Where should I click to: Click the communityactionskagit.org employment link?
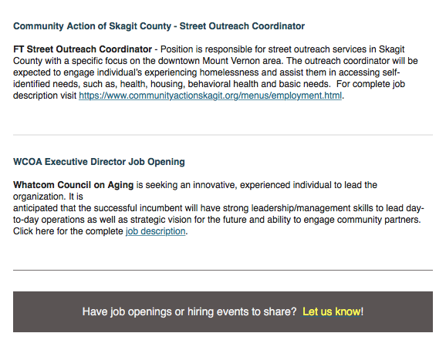[210, 96]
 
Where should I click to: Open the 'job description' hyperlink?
[156, 231]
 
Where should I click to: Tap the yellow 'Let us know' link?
[332, 311]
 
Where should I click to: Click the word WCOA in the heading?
[28, 162]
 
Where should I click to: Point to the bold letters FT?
[19, 49]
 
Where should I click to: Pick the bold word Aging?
[120, 186]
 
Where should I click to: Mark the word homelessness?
[229, 72]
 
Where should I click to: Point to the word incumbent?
[160, 208]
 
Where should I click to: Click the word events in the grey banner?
[231, 311]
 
